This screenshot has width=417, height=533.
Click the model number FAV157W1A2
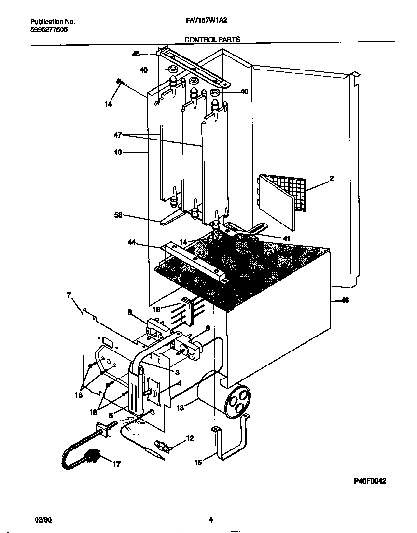point(206,22)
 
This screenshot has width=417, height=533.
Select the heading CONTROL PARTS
point(212,40)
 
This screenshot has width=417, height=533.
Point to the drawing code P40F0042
point(370,481)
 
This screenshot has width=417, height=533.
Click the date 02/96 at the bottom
point(43,519)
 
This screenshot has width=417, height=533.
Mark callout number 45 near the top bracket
point(136,54)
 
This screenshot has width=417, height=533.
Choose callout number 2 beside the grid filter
point(331,179)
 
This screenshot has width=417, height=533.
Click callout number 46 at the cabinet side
point(345,301)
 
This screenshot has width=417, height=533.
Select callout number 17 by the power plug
point(117,464)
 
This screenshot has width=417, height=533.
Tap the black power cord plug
point(92,455)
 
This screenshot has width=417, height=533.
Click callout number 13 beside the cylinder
point(180,408)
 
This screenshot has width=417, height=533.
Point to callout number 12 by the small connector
point(189,438)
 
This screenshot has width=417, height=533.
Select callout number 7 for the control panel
point(69,295)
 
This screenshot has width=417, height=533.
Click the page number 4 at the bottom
point(211,519)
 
